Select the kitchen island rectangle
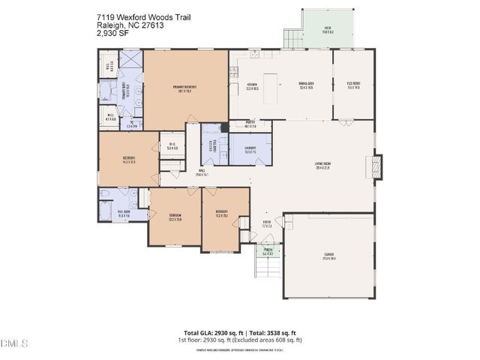coord(268,78)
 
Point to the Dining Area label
coord(305,85)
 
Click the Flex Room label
coord(352,85)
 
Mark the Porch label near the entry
coord(268,251)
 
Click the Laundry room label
coord(250,149)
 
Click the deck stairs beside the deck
coord(291,37)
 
